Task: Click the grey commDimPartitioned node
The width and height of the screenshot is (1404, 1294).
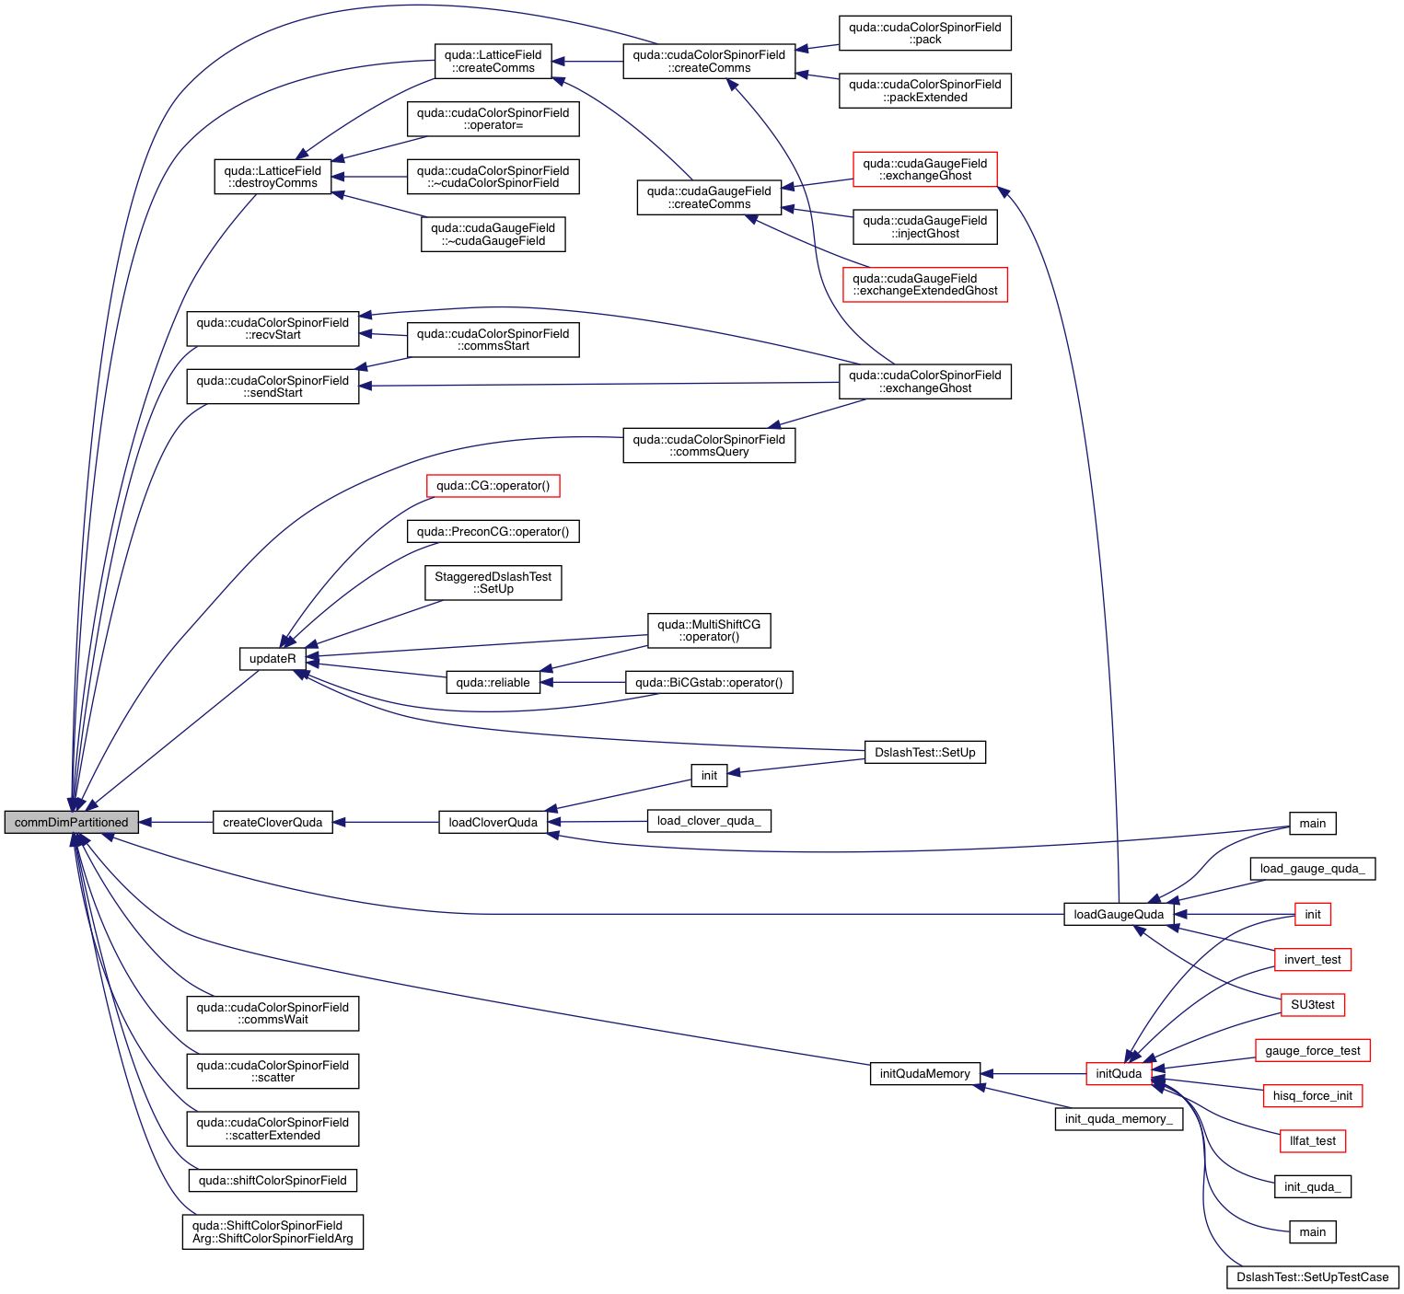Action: [x=71, y=823]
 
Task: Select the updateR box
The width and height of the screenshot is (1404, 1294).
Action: [x=273, y=659]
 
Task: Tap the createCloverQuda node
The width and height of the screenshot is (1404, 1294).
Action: [x=273, y=823]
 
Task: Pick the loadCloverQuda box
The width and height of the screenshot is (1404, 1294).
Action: [x=493, y=823]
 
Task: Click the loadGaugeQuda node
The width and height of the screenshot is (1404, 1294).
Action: [x=1119, y=915]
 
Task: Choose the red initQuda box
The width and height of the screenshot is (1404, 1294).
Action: [x=1119, y=1074]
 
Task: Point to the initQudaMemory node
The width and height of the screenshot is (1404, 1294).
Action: [x=924, y=1074]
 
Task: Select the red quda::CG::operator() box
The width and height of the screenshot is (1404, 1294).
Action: [x=493, y=486]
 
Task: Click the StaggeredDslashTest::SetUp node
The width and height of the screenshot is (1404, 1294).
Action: [x=493, y=583]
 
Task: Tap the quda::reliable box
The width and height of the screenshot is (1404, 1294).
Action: [x=493, y=683]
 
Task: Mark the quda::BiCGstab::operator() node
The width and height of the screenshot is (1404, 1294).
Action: [x=709, y=683]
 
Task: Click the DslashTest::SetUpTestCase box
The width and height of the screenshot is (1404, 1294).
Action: [x=1312, y=1277]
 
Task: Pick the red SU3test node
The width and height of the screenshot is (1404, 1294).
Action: [x=1312, y=1005]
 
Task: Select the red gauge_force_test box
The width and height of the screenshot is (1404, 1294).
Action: [x=1312, y=1051]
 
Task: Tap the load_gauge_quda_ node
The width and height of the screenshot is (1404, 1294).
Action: [x=1312, y=869]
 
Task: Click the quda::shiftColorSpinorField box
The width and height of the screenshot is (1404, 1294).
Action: [x=273, y=1181]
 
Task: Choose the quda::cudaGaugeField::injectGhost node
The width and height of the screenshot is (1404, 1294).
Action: [x=924, y=227]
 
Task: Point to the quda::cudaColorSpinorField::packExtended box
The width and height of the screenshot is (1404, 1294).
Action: [x=924, y=91]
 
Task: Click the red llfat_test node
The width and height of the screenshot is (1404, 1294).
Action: [x=1312, y=1141]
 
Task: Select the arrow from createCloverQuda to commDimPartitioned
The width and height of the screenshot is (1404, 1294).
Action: [x=175, y=823]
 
